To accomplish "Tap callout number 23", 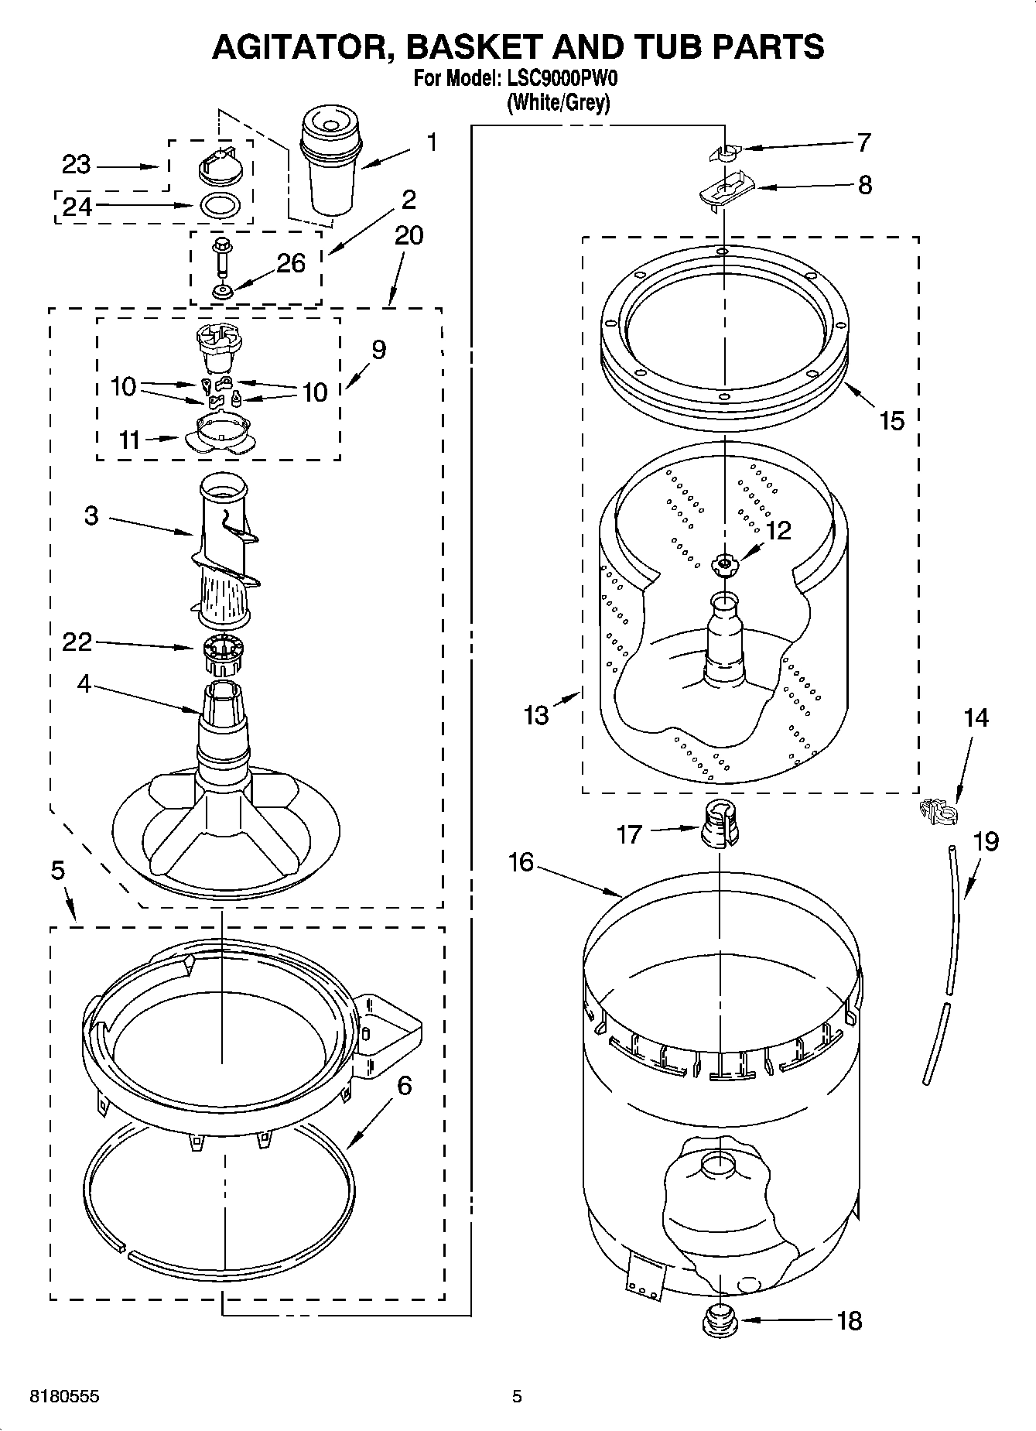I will click(76, 164).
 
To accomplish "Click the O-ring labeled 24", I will click(221, 207).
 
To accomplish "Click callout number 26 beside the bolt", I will click(291, 263).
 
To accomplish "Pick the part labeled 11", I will click(220, 433).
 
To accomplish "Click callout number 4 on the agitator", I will click(84, 684).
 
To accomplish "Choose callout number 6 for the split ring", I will click(404, 1086).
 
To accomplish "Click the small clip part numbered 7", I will click(726, 152).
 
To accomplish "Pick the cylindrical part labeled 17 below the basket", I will click(720, 825).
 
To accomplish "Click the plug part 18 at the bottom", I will click(720, 1320).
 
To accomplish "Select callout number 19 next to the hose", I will click(985, 841).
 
